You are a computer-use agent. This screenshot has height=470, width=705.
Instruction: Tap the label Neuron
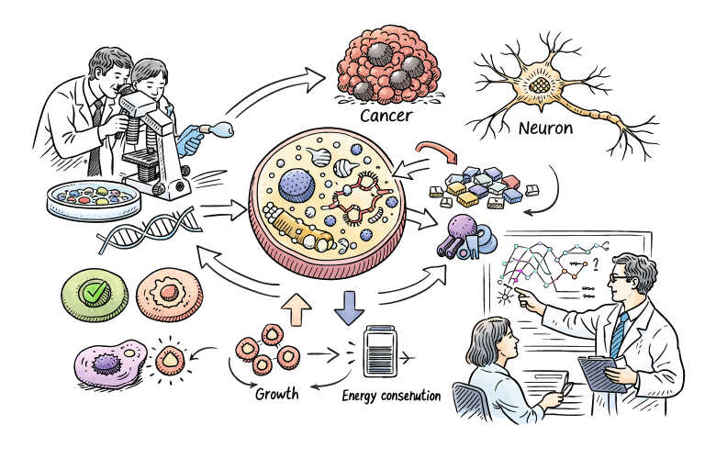[545, 128]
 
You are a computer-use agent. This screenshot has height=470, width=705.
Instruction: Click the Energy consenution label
[391, 397]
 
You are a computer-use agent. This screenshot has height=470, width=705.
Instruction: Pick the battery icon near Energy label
[380, 350]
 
